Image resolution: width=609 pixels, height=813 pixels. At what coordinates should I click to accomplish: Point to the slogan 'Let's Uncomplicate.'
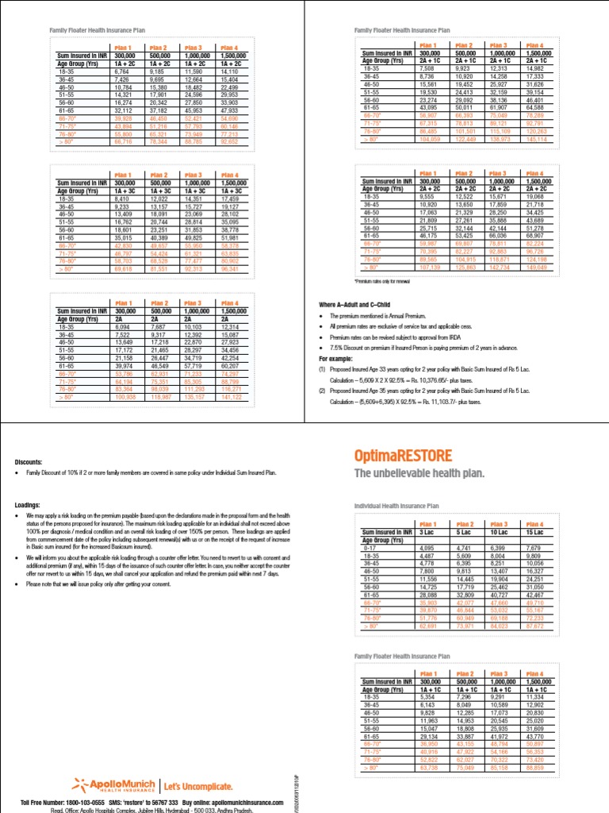click(x=198, y=787)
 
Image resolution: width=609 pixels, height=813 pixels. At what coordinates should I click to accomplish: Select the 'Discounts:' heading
click(x=29, y=461)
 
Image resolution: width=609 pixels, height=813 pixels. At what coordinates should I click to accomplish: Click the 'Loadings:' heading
click(x=29, y=504)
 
